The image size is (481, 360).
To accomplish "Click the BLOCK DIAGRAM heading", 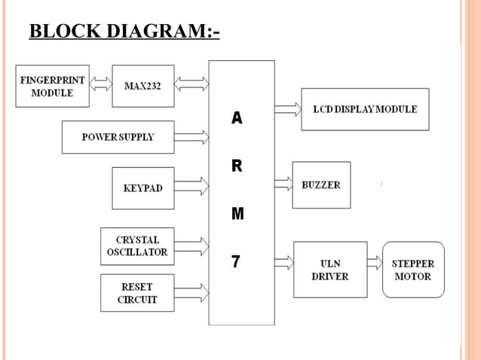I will click(124, 32).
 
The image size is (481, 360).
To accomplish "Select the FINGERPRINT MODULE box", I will click(52, 86).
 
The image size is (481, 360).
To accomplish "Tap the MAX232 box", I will click(142, 86).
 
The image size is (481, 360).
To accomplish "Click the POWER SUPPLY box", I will click(118, 137).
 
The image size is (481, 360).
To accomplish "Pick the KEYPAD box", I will click(142, 188).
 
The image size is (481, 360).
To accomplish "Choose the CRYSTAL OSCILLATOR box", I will click(136, 246).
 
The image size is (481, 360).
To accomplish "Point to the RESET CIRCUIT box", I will click(136, 293).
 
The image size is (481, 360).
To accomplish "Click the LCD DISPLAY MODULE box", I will click(365, 109).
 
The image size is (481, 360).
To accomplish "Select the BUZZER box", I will click(321, 185).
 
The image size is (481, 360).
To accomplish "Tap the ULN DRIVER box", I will click(330, 270).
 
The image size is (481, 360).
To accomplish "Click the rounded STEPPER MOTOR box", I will click(413, 270).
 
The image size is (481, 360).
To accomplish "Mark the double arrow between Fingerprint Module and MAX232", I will click(100, 84).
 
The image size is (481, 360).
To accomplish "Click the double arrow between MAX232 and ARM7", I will click(191, 84).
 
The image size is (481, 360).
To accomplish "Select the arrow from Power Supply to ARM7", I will click(191, 137).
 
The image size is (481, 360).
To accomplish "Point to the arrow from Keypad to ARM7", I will click(191, 185).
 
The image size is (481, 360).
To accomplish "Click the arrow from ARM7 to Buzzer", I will click(283, 182).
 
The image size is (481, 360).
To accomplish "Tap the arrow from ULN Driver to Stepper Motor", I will click(375, 262).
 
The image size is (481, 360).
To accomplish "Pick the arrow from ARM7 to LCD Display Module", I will click(287, 109).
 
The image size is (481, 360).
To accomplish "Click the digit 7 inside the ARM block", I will click(236, 261).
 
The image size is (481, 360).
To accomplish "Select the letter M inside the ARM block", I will click(237, 214).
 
